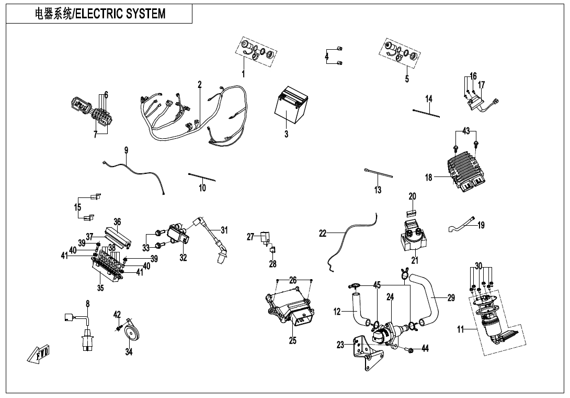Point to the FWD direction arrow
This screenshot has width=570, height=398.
click(x=39, y=355)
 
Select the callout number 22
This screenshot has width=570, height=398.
click(x=323, y=234)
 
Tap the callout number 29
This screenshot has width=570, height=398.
click(x=451, y=298)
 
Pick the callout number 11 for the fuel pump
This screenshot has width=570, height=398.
click(x=461, y=329)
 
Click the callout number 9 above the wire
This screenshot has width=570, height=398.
click(x=126, y=150)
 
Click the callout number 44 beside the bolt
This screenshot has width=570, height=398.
click(x=425, y=348)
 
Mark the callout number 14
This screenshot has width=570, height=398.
click(x=429, y=99)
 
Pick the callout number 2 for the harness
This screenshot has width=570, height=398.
click(x=200, y=84)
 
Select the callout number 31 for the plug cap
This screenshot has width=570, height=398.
click(x=224, y=230)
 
